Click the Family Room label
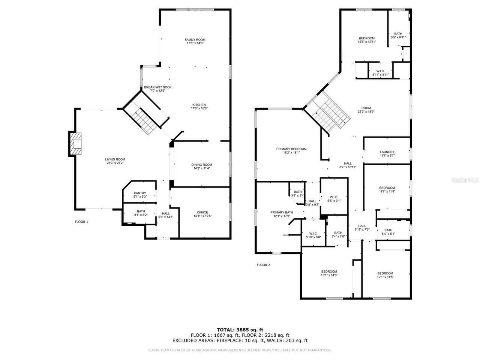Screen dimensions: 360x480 [195, 40]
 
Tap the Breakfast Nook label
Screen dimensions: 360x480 [157, 87]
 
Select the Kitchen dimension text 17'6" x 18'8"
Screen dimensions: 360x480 [199, 108]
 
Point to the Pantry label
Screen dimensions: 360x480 [139, 193]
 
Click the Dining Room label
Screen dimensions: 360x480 [202, 165]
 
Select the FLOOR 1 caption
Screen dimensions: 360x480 [81, 222]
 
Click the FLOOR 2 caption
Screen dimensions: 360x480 [263, 265]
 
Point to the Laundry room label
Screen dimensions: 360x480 [387, 152]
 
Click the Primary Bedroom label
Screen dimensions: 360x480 [291, 149]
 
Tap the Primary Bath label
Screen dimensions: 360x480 [282, 212]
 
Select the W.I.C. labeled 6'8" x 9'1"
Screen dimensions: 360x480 [334, 197]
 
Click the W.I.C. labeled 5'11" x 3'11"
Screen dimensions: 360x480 [380, 71]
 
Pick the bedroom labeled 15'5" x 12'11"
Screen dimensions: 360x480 [366, 38]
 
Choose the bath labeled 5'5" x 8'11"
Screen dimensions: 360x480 [398, 34]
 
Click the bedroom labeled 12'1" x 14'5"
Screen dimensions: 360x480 [385, 273]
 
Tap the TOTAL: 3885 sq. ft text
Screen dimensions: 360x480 [240, 330]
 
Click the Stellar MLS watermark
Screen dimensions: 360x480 [465, 180]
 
